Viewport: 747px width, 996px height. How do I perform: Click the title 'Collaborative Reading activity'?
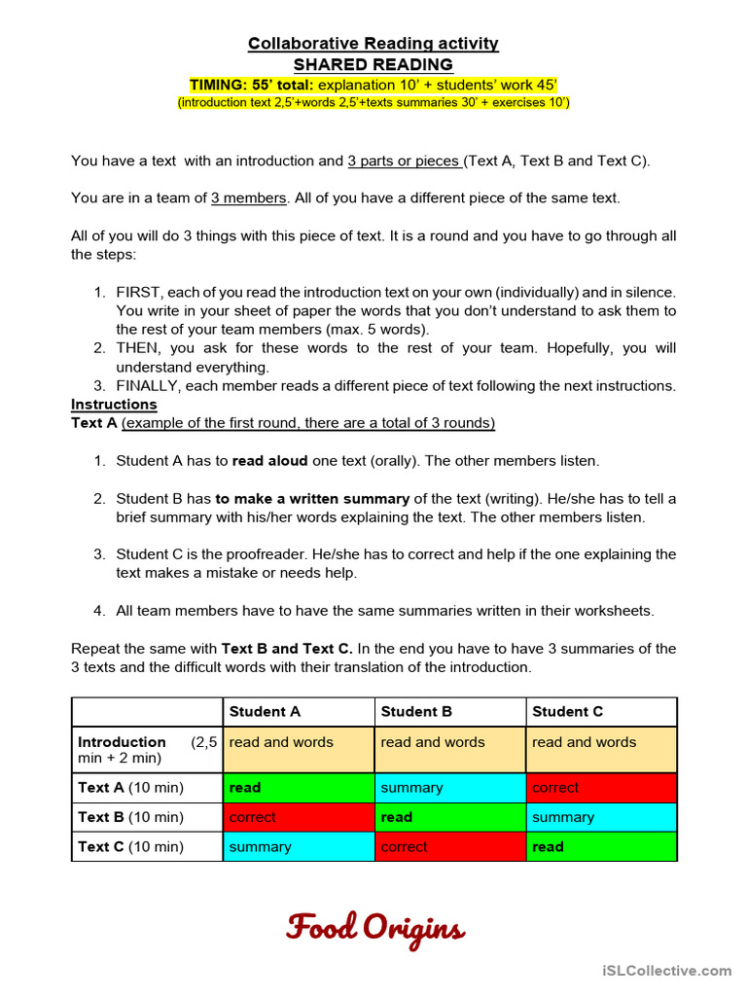pos(373,43)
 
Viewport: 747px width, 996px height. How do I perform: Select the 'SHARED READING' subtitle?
pos(373,64)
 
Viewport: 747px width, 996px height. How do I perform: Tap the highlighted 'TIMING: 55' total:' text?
pos(253,85)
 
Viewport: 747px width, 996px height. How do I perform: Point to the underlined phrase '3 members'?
pos(248,197)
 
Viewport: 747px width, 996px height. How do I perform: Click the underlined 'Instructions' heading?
pos(114,404)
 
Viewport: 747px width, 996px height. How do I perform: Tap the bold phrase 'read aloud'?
pos(269,460)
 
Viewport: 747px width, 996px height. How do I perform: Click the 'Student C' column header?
pos(567,711)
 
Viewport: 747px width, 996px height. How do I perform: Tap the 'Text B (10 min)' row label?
pos(130,817)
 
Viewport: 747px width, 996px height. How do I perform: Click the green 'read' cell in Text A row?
pos(299,787)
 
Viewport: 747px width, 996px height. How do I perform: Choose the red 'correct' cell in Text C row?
pos(449,846)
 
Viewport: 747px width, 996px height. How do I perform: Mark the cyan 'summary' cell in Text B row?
pos(601,817)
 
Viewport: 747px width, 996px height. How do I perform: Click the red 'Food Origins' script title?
pos(374,928)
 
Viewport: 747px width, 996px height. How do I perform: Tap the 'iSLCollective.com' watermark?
pos(666,970)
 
